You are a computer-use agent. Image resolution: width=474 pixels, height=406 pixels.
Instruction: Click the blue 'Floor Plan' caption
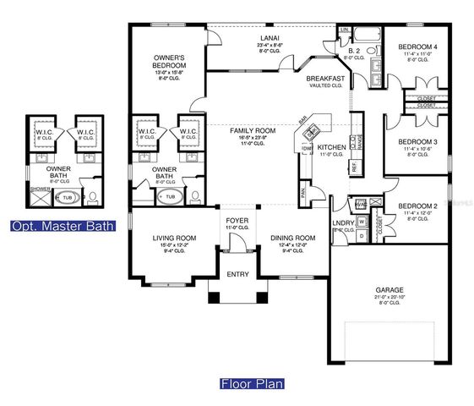click(x=252, y=383)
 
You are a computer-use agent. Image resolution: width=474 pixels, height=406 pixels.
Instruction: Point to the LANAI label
click(x=270, y=39)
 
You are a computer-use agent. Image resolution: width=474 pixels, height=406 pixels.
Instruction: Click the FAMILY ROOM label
click(x=254, y=130)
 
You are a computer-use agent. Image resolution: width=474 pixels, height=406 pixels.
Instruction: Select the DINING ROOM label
click(x=292, y=239)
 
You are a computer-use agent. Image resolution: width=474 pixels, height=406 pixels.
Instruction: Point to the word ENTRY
click(x=236, y=274)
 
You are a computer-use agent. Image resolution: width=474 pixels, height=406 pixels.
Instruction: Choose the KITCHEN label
click(x=331, y=147)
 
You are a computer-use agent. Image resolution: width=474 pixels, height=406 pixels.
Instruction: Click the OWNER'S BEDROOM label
click(x=170, y=60)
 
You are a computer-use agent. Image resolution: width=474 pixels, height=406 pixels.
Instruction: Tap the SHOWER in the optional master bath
click(x=41, y=189)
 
